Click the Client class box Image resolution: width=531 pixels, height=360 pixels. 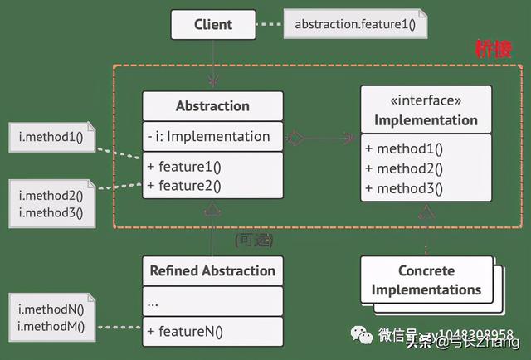[x=213, y=25]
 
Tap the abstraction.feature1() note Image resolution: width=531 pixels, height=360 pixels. [x=355, y=25]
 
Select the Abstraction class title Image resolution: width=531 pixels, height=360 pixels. [x=212, y=106]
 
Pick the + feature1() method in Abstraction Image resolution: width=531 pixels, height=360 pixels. [x=184, y=166]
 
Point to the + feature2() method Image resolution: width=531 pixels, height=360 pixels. [x=184, y=184]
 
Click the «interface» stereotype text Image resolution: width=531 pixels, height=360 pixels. [x=426, y=100]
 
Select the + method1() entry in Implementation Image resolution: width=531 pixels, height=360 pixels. [x=404, y=149]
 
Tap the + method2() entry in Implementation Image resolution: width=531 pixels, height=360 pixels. [x=404, y=168]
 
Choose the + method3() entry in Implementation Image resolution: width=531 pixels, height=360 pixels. [x=404, y=187]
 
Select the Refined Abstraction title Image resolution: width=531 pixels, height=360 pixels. [x=212, y=271]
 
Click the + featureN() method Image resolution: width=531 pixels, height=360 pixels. [x=184, y=333]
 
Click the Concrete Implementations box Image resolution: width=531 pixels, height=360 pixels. [x=426, y=280]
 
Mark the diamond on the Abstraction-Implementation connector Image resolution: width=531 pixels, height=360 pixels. [x=295, y=137]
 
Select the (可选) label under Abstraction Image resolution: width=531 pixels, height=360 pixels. [x=253, y=241]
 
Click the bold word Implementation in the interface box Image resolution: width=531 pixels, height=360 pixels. [x=426, y=120]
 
